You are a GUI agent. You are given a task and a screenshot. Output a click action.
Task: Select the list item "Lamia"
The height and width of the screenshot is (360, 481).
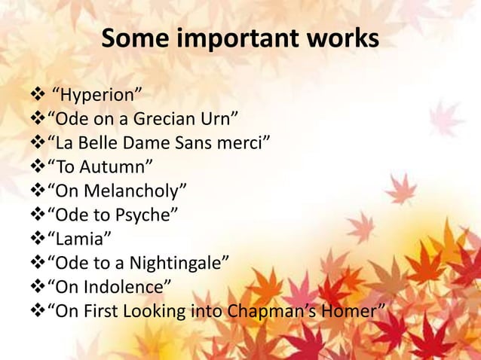click(80, 239)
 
